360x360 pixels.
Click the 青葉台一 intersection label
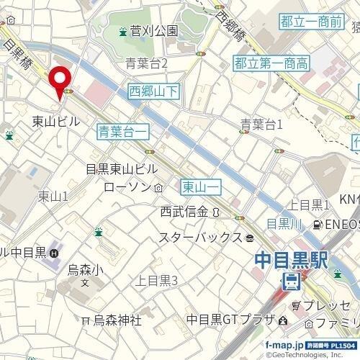[x=124, y=130]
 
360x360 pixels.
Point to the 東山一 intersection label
[x=200, y=186]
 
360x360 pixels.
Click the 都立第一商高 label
[x=271, y=64]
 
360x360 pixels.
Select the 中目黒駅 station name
[x=292, y=258]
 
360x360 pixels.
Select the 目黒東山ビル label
[x=121, y=169]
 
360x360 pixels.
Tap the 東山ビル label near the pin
[x=56, y=122]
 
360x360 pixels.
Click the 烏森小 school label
[x=86, y=270]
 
